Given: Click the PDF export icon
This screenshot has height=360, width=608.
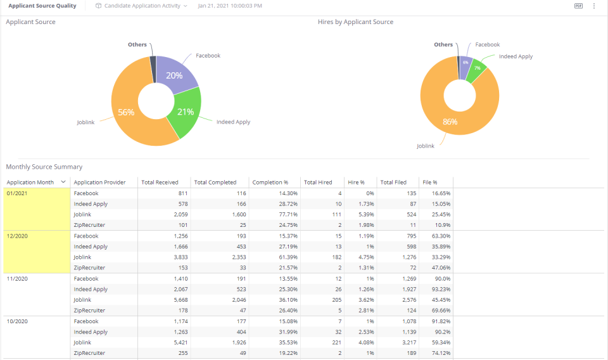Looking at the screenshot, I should tap(578, 6).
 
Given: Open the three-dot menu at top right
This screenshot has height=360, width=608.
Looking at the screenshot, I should tap(594, 6).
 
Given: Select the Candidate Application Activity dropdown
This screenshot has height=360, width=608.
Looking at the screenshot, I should tap(141, 6).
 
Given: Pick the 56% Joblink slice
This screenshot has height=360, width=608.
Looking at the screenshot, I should tap(127, 112).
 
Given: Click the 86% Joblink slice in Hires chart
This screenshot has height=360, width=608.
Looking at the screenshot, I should tap(450, 122).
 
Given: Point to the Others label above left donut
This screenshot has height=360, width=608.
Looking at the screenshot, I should tap(137, 44).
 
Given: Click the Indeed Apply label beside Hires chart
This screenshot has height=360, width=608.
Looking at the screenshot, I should tap(516, 56).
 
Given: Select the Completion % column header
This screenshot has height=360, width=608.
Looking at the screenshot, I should tap(270, 183).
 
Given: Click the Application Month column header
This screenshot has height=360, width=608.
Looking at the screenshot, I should tap(30, 183).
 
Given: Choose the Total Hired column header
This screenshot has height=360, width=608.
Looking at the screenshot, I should tap(318, 183).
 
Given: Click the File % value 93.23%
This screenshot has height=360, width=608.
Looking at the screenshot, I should tap(441, 289).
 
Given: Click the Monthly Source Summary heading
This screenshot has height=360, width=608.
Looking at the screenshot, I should tap(44, 167).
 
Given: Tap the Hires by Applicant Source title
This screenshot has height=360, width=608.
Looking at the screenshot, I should tap(355, 22).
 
